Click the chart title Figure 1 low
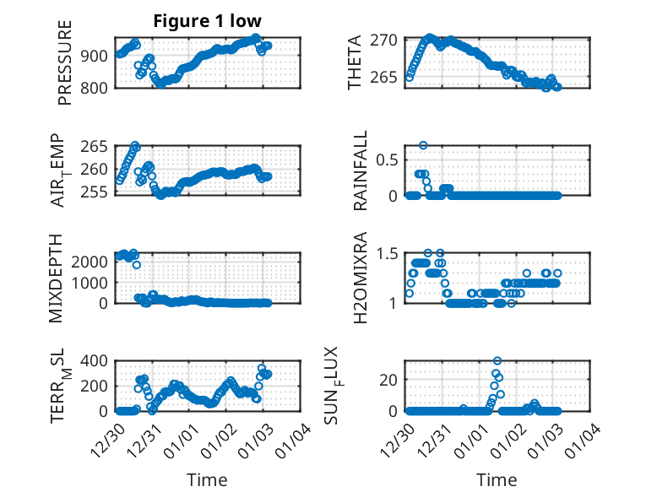pos(207,21)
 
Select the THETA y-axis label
pos(355,62)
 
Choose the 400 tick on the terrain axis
pos(94,361)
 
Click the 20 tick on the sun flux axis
pos(389,380)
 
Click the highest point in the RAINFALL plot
pos(423,145)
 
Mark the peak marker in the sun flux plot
pos(497,361)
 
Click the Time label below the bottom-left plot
pos(207,479)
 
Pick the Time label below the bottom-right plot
pos(496,479)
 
